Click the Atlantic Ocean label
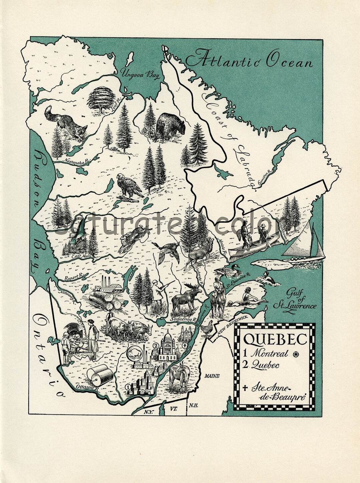tap(249, 61)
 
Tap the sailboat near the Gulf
tap(307, 244)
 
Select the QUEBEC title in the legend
tap(275, 340)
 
